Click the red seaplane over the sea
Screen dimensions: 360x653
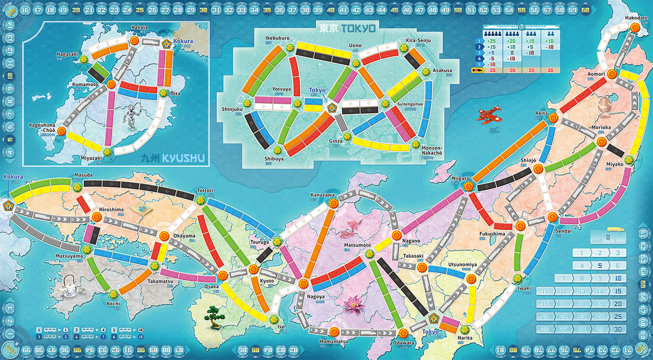coord(488,114)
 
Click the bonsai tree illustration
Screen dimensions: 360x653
coord(213,315)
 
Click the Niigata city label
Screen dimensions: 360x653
coord(460,178)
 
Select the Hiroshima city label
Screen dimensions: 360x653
coord(112,209)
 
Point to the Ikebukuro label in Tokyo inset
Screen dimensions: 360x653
coord(277,38)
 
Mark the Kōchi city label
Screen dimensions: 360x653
coord(114,303)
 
